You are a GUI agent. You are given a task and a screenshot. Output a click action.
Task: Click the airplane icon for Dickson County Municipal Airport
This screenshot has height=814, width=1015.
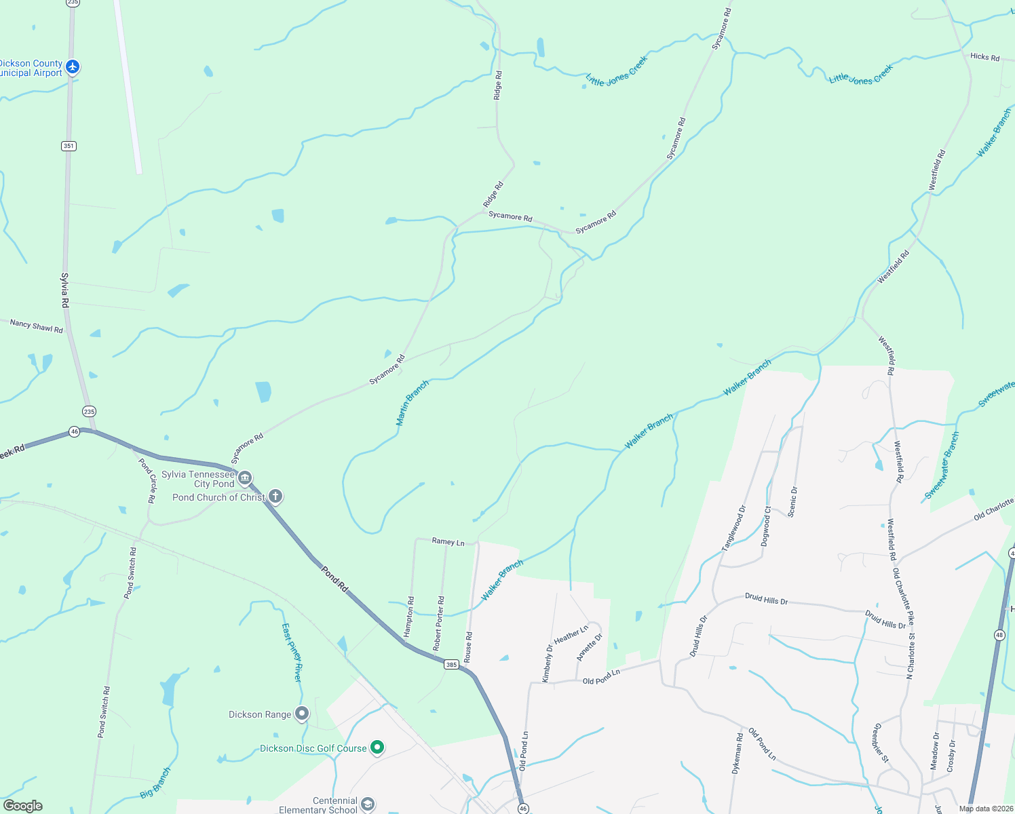73,67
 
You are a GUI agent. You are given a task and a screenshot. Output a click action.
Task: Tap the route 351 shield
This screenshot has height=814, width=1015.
68,146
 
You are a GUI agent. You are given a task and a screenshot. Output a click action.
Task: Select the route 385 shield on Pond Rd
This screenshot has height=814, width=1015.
452,664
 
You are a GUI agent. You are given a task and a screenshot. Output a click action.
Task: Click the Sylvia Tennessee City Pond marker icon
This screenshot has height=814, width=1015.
245,478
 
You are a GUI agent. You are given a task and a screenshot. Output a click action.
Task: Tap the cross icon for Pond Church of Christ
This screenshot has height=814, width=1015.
275,497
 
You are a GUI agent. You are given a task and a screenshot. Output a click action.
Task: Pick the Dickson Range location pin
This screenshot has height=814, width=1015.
302,714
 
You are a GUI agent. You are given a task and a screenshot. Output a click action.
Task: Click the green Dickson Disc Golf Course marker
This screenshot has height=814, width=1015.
377,748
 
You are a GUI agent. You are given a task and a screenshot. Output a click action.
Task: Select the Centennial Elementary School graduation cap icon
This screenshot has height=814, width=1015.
367,805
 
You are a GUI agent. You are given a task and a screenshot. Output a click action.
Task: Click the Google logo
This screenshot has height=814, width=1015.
23,805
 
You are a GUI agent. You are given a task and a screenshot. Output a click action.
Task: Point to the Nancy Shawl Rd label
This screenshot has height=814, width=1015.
37,326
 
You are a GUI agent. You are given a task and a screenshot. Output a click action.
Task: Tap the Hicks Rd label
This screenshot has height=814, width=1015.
984,57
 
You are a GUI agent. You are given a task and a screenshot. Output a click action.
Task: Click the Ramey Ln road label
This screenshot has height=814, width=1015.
448,541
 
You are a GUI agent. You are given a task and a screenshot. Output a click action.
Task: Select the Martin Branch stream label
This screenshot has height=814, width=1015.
413,403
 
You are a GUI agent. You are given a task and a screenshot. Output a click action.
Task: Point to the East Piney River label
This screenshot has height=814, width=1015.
292,653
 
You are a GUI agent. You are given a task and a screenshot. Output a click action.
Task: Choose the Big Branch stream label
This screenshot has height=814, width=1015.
155,783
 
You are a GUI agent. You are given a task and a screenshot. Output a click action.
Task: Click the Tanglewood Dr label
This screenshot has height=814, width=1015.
733,528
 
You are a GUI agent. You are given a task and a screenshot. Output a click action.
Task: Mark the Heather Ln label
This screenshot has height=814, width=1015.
571,635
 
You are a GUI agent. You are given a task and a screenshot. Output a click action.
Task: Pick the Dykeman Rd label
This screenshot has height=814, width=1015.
737,753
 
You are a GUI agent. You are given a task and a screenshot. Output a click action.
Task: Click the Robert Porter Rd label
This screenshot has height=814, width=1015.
440,623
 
